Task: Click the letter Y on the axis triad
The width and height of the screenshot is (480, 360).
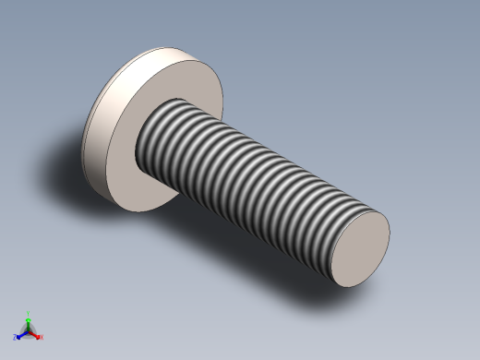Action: coord(29,313)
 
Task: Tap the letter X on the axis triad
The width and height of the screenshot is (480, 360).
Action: coord(42,338)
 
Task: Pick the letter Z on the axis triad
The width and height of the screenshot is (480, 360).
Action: coord(14,338)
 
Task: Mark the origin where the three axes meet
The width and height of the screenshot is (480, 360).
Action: coord(28,330)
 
